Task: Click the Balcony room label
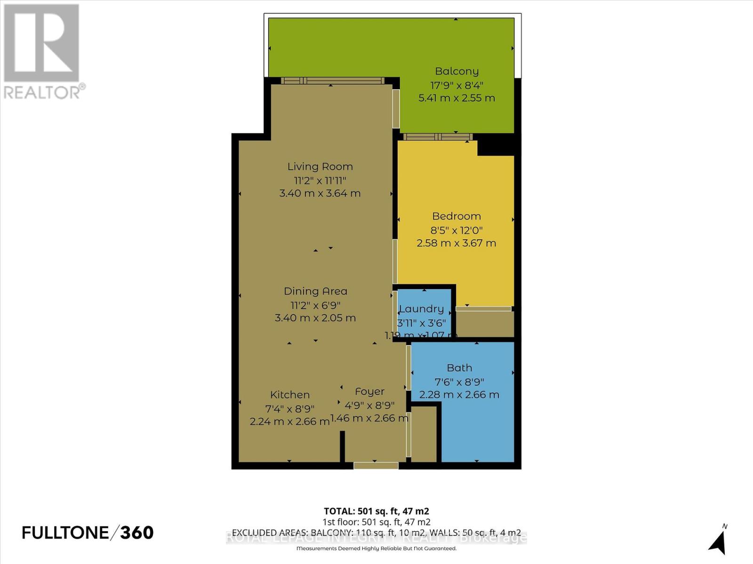click(x=457, y=71)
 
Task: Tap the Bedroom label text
click(x=457, y=216)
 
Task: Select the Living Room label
click(x=320, y=166)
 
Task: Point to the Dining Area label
click(x=315, y=291)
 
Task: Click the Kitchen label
click(x=290, y=395)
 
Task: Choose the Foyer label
click(x=369, y=392)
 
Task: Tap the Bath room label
click(x=459, y=368)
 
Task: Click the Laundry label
click(x=422, y=309)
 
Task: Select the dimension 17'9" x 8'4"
click(x=457, y=86)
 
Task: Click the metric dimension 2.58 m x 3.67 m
click(x=457, y=243)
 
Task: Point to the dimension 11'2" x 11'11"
click(x=320, y=180)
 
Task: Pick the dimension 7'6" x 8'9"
click(x=459, y=382)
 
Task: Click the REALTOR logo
click(x=42, y=52)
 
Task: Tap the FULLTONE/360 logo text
click(x=88, y=533)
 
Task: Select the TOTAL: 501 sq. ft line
click(x=376, y=511)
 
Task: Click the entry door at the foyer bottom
click(x=376, y=465)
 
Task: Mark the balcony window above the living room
click(x=333, y=80)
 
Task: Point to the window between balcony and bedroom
click(x=438, y=137)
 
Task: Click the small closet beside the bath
click(x=425, y=435)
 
